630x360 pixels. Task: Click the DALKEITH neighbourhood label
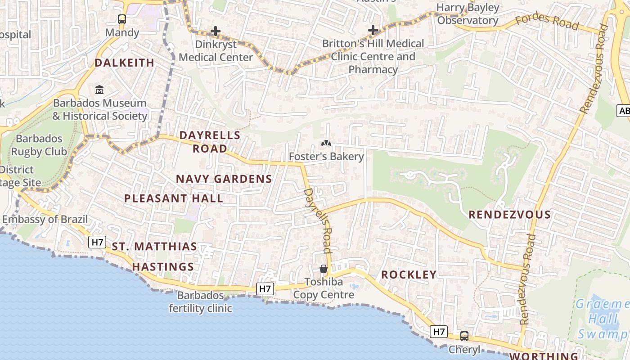[x=124, y=63]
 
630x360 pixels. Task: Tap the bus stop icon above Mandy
[x=122, y=19]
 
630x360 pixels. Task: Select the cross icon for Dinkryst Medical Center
[x=216, y=31]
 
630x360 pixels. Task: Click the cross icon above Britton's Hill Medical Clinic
[x=373, y=30]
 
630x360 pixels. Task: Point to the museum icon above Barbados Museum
[x=99, y=90]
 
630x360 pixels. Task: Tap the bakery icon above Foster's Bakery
[x=326, y=144]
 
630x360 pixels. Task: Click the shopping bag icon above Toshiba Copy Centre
[x=324, y=269]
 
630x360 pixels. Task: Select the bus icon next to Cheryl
[x=464, y=336]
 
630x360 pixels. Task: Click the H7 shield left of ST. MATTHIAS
[x=97, y=242]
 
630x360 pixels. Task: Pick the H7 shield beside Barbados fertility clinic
[x=265, y=288]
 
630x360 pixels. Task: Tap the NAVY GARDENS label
[x=224, y=179]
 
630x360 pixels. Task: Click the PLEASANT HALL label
[x=174, y=198]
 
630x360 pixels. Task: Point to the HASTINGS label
[x=163, y=267]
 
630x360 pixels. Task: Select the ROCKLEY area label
[x=409, y=275]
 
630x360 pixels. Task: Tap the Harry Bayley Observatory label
[x=468, y=14]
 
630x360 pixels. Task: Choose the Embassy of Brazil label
[x=45, y=220]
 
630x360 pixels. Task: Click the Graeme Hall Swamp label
[x=603, y=319]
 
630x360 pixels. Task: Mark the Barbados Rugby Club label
[x=39, y=145]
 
